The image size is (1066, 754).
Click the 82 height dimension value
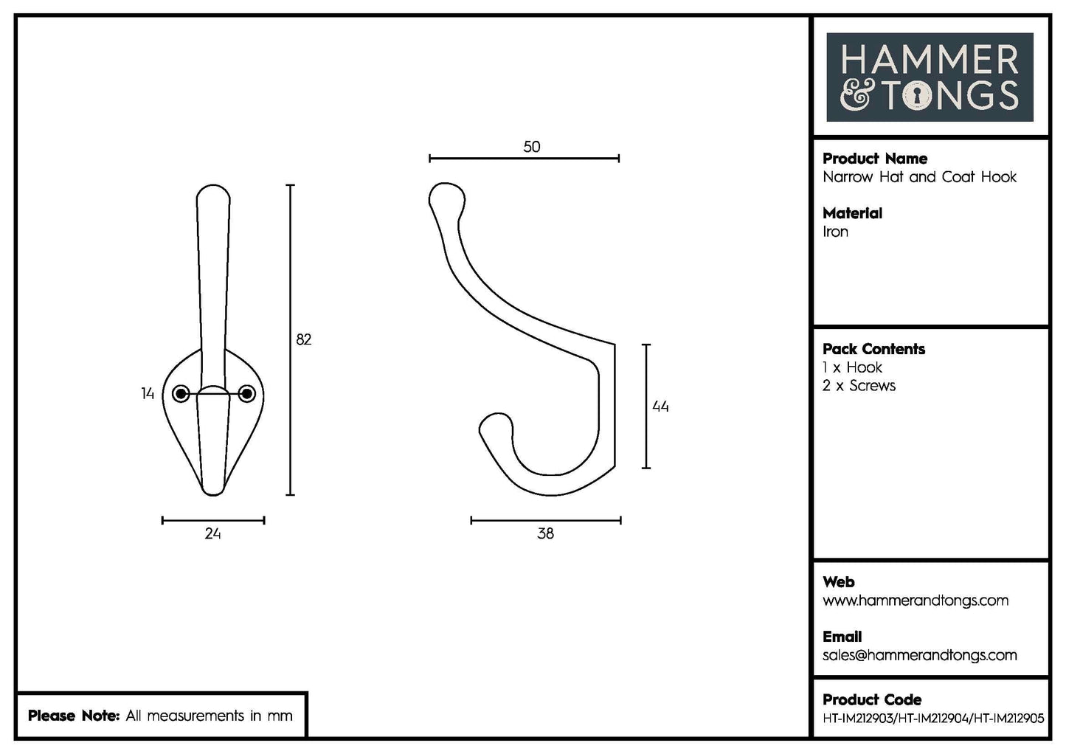click(x=303, y=339)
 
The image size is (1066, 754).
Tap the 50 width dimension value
click(x=531, y=147)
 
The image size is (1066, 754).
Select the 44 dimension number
click(x=660, y=407)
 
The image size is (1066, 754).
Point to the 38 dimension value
click(x=545, y=533)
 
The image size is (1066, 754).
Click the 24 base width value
click(x=212, y=533)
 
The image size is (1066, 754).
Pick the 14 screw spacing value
click(x=148, y=394)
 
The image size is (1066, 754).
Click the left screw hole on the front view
click(x=181, y=395)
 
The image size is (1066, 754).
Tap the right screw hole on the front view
click(x=247, y=395)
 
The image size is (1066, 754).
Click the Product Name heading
click(x=874, y=159)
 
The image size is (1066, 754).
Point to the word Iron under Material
click(x=835, y=232)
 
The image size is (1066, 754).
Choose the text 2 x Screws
click(x=859, y=386)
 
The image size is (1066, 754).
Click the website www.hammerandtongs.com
click(x=915, y=601)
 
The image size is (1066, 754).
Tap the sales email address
click(x=919, y=655)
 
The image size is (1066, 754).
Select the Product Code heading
click(x=871, y=699)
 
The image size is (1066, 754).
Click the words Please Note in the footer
click(x=73, y=716)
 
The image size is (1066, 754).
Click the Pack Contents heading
click(x=873, y=349)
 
